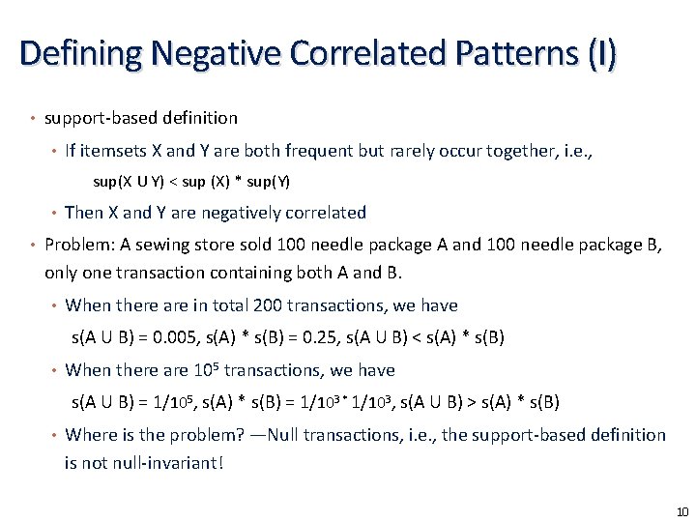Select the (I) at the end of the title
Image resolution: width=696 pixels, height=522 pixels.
[599, 53]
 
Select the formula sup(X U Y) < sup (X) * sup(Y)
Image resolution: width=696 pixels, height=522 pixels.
[191, 181]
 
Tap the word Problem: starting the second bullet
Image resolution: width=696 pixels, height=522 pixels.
[79, 245]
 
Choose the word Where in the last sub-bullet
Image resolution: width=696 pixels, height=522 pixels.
[89, 435]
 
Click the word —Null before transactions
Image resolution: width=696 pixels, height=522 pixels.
[279, 435]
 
